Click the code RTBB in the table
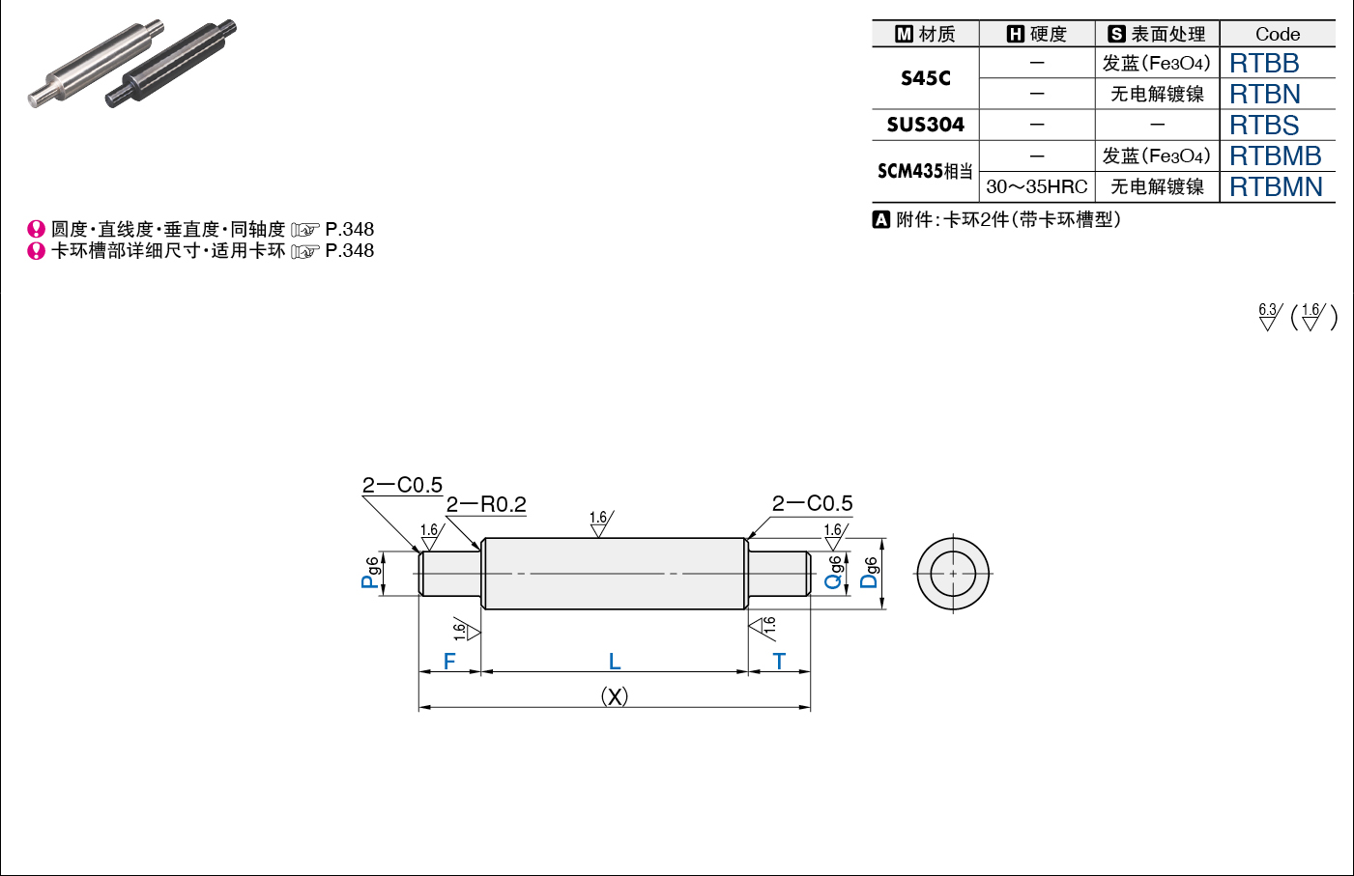tap(1264, 64)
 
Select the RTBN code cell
tap(1264, 95)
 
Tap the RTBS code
tap(1264, 125)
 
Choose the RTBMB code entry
tap(1276, 155)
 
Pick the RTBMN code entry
tap(1276, 186)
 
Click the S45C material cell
tap(926, 78)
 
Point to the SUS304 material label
tap(926, 125)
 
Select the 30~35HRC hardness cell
tap(1037, 186)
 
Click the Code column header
tap(1278, 34)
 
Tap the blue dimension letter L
tap(615, 662)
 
